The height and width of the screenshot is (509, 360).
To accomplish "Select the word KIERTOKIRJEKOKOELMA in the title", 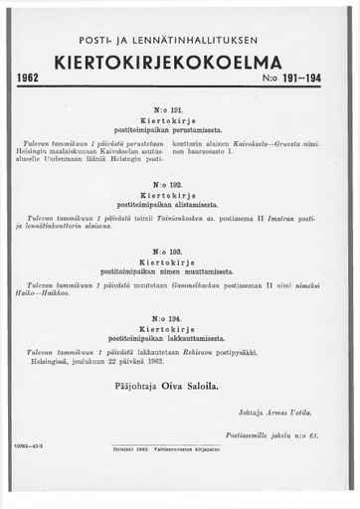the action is click(x=180, y=62).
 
